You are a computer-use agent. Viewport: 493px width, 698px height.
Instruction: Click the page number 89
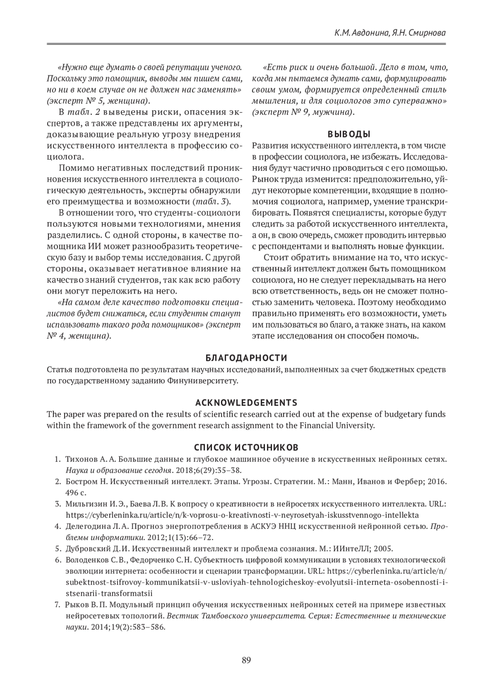point(246,661)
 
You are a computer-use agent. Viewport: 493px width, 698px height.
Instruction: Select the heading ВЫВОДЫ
point(349,134)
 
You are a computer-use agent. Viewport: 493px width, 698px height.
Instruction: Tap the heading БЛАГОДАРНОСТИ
point(246,357)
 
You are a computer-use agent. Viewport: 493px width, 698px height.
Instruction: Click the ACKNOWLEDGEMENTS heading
point(246,402)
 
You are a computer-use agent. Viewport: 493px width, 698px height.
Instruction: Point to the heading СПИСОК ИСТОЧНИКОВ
point(246,447)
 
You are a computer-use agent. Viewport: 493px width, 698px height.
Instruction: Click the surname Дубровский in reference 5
point(86,549)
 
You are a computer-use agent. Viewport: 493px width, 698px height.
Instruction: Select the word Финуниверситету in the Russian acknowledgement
point(203,380)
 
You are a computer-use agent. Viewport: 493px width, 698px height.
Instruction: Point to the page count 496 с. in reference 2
point(76,492)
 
